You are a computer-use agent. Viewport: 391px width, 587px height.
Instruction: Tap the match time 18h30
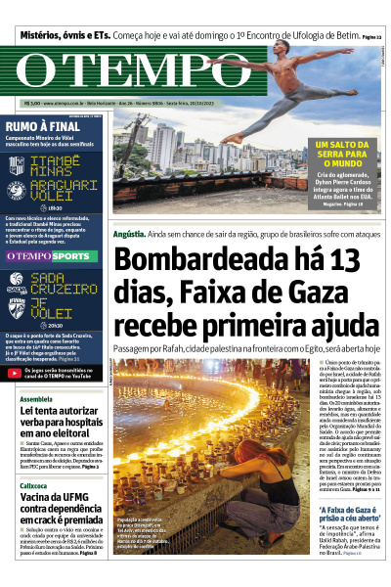pyautogui.click(x=54, y=207)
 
